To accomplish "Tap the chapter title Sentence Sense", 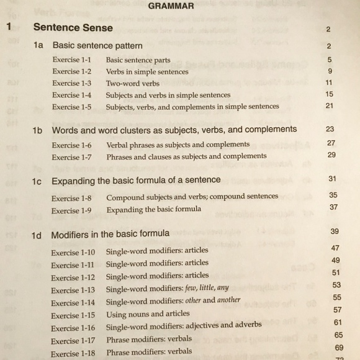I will (x=73, y=28).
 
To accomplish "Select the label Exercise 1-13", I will (x=73, y=290).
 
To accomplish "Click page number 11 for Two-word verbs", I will (x=329, y=83).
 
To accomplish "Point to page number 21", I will (x=330, y=106).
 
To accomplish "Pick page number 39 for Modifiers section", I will (x=335, y=232).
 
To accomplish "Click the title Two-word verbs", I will (x=133, y=83).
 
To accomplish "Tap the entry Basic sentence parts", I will (x=138, y=60).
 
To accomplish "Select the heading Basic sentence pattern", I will (x=97, y=46).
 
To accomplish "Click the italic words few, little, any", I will (x=207, y=289).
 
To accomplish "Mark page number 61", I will (x=338, y=322).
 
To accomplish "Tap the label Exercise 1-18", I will (x=73, y=353).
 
